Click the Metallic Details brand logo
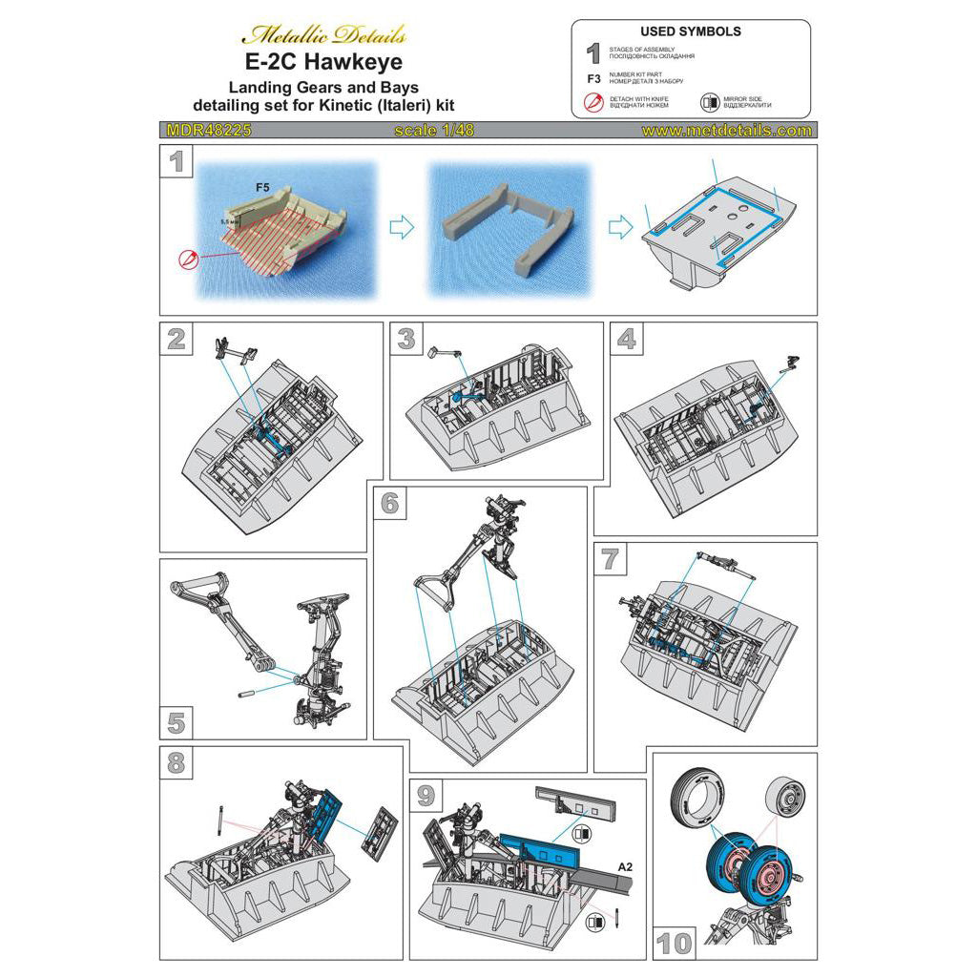click(323, 35)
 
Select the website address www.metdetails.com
click(727, 131)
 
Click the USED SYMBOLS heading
click(692, 31)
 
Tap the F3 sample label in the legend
click(592, 79)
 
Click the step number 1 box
click(177, 162)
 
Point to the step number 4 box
click(626, 339)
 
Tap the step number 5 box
click(177, 722)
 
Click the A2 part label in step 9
click(625, 866)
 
